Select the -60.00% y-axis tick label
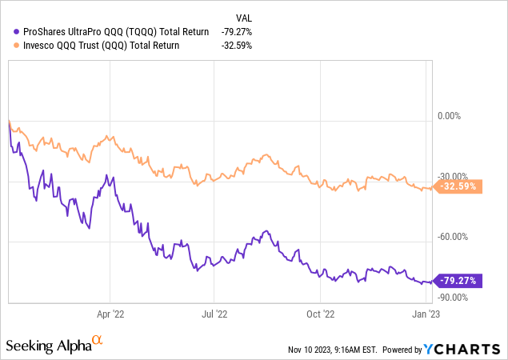click(x=454, y=237)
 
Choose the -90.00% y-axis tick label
click(x=454, y=297)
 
